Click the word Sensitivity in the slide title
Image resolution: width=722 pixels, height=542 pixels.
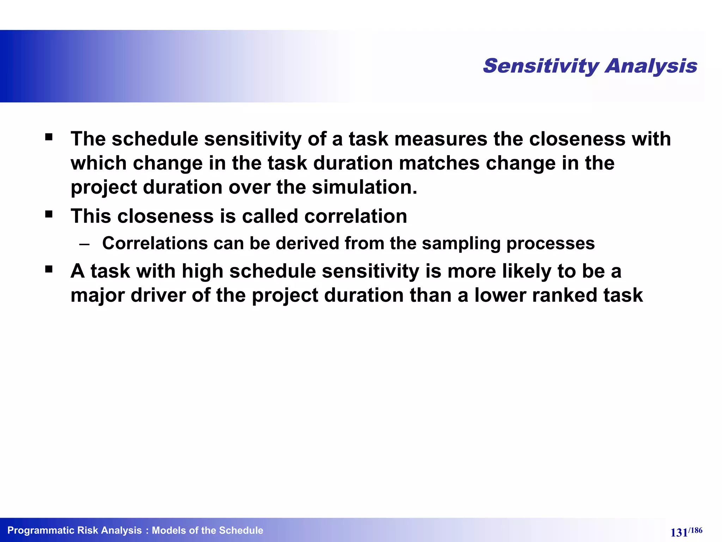click(x=541, y=66)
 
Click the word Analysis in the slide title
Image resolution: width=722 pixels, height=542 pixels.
click(x=651, y=66)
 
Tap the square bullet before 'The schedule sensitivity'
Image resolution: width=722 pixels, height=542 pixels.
click(x=49, y=137)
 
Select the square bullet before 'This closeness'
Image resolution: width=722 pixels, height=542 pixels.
click(x=49, y=214)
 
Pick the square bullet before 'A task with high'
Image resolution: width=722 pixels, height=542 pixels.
click(x=49, y=270)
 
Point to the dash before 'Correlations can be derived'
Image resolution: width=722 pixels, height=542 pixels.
click(x=85, y=244)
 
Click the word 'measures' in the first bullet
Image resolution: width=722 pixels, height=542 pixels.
click(x=441, y=139)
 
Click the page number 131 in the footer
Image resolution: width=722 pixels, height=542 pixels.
click(x=679, y=532)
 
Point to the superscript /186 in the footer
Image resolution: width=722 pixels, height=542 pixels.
click(x=695, y=530)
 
